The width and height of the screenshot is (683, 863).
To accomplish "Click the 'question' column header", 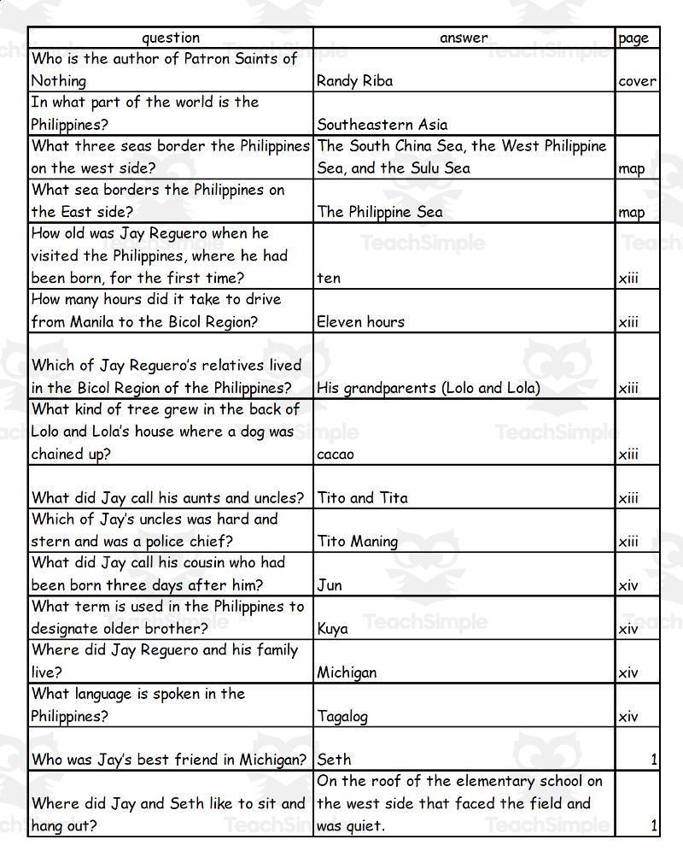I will [171, 38].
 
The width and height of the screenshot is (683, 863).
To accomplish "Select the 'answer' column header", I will [464, 38].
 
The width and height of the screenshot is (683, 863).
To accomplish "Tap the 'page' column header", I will [633, 38].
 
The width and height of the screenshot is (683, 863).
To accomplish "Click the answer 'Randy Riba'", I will [354, 81].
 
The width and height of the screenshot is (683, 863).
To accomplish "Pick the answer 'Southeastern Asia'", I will [382, 125].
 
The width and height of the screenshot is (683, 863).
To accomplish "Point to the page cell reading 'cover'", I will [637, 82].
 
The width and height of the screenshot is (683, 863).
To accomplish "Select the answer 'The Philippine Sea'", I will [380, 212].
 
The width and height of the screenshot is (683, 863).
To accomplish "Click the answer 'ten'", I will [329, 278].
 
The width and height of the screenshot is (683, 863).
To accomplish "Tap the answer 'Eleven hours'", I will [360, 322].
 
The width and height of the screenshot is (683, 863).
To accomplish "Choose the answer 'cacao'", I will [335, 454].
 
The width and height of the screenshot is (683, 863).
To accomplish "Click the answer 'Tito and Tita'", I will [362, 498].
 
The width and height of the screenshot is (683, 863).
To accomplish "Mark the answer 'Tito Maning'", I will [357, 542].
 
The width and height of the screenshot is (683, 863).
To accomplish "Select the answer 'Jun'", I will [330, 585].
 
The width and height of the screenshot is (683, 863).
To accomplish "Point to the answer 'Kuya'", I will [332, 629].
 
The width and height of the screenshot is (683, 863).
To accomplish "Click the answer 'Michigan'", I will [347, 672].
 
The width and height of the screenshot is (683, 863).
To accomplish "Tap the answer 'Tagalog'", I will [342, 717].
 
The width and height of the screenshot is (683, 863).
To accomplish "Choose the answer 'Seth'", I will [334, 760].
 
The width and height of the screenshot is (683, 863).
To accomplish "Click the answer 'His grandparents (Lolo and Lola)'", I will [428, 388].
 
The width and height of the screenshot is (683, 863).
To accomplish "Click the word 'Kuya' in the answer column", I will [332, 629].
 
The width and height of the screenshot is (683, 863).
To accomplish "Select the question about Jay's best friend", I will [169, 760].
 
